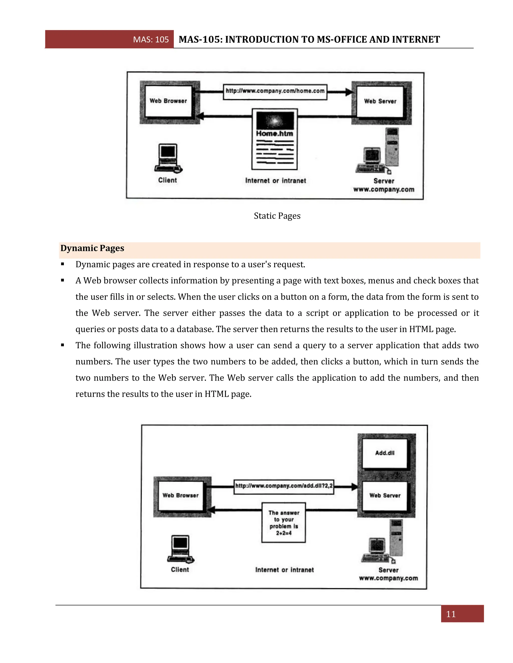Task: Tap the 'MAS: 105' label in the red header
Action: point(151,40)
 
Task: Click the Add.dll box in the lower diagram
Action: point(384,453)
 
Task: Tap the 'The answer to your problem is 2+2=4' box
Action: point(284,522)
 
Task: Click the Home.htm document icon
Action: point(275,139)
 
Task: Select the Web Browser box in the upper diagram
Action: point(168,101)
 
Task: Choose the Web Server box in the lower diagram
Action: point(384,495)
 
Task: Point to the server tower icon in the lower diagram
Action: point(396,537)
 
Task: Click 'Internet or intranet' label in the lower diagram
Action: point(284,570)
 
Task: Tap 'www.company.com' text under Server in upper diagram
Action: point(383,189)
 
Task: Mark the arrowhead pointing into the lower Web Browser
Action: point(212,510)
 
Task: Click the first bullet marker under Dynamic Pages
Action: point(63,264)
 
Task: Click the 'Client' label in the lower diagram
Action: point(180,569)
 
